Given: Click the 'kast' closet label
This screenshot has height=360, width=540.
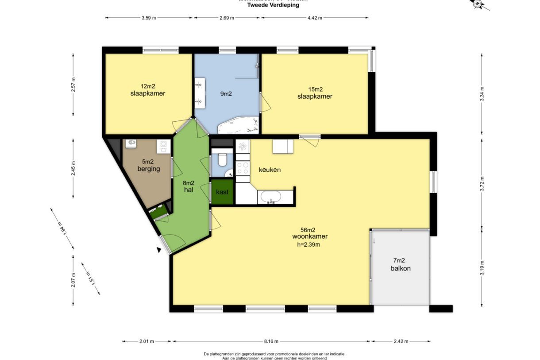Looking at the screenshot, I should pos(222,192).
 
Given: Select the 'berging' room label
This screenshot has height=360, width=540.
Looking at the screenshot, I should pos(148,169).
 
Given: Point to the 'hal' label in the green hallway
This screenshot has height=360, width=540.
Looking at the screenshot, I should pos(189,190).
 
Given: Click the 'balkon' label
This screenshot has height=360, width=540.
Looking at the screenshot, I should pos(400,268).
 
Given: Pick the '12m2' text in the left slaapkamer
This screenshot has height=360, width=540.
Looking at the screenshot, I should pos(147,86).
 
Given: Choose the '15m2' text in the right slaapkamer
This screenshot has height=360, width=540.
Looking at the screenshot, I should pos(315,89).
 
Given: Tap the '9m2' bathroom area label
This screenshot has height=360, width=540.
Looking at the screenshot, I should pos(227,93).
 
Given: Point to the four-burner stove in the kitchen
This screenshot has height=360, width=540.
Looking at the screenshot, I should pos(243,168).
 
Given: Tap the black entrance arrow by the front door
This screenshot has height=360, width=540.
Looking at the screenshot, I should pos(158,250).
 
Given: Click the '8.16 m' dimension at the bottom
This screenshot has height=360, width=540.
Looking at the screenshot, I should pos(271,341).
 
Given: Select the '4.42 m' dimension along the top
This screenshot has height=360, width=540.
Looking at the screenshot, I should pos(315,18).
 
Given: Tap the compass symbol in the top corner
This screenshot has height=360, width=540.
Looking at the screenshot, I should pos(478,4).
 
